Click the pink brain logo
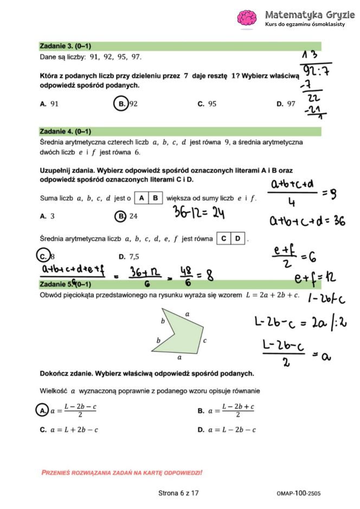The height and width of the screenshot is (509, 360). pyautogui.click(x=247, y=17)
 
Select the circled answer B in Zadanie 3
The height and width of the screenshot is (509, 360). pyautogui.click(x=121, y=104)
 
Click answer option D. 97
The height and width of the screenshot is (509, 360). pyautogui.click(x=286, y=104)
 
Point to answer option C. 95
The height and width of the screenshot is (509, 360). pyautogui.click(x=207, y=104)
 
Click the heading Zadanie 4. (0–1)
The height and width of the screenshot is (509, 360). pyautogui.click(x=65, y=131)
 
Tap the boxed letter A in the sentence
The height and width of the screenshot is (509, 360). pyautogui.click(x=142, y=198)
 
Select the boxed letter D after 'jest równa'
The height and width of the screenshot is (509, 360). pyautogui.click(x=237, y=238)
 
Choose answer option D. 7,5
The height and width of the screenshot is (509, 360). pyautogui.click(x=129, y=256)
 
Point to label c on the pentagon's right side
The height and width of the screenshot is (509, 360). pyautogui.click(x=204, y=341)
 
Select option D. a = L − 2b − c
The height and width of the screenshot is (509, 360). pyautogui.click(x=226, y=430)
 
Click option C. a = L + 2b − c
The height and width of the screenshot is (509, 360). pyautogui.click(x=69, y=430)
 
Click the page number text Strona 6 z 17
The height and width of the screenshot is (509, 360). pyautogui.click(x=178, y=493)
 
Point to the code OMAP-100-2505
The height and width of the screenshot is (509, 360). pyautogui.click(x=299, y=493)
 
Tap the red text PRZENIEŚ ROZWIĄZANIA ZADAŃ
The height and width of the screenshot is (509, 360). pyautogui.click(x=121, y=473)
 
